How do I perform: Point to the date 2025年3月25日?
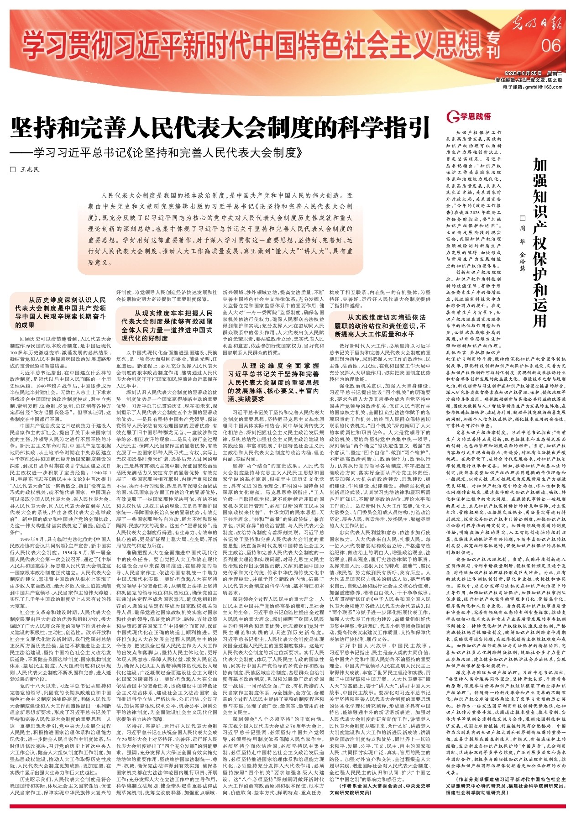tap(523, 73)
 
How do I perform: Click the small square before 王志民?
tap(13, 169)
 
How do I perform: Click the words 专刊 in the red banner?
tap(493, 46)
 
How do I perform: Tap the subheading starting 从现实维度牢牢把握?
tap(167, 325)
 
